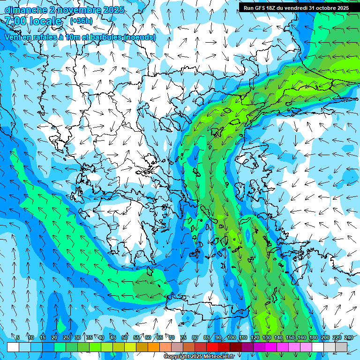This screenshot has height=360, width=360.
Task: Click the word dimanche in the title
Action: [25, 10]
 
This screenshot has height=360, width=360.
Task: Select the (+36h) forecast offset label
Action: [81, 21]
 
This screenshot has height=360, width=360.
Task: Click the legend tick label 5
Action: [18, 337]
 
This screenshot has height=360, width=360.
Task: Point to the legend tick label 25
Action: [66, 337]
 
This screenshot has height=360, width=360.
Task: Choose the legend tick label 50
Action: [125, 337]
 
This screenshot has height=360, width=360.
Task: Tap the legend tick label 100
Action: [231, 337]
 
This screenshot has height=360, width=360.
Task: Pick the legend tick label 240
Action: [348, 337]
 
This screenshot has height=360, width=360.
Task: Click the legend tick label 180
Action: [313, 337]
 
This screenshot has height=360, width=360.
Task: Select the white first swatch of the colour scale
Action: [13, 346]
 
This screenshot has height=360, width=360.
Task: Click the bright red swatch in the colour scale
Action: [212, 346]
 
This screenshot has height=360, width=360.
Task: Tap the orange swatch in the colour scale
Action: [154, 346]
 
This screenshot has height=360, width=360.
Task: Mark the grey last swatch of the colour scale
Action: [341, 346]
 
